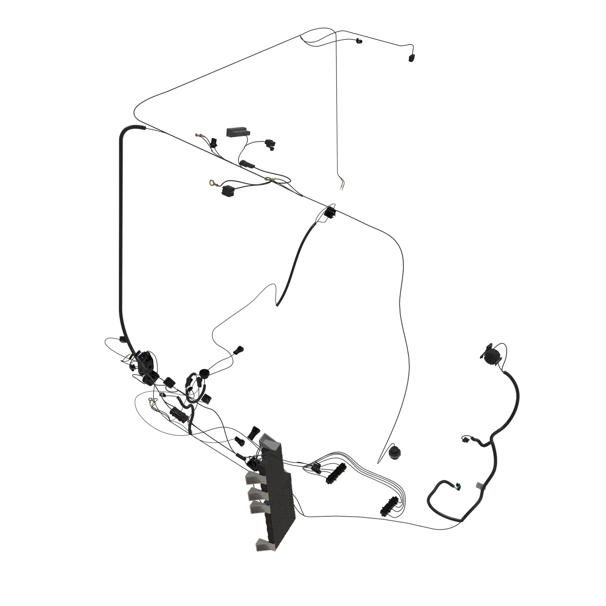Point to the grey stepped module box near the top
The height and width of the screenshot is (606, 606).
238,132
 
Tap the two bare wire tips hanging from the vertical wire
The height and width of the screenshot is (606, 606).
341,188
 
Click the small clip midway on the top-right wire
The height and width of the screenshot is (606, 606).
358,41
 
